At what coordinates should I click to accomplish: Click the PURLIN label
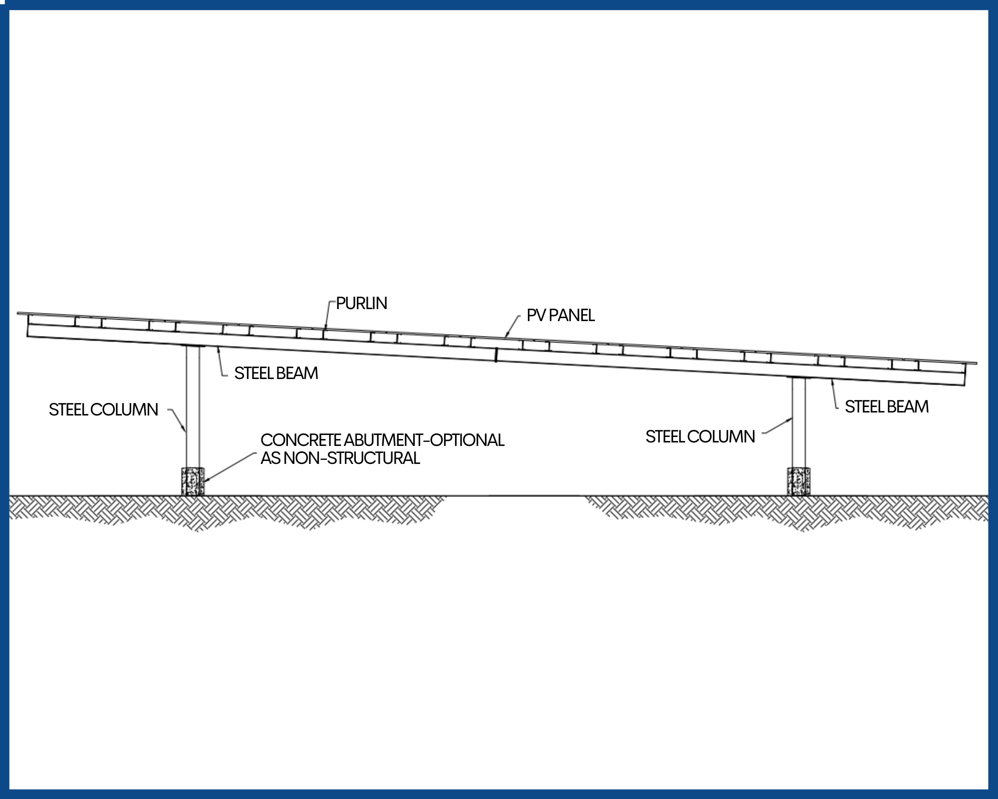tap(361, 303)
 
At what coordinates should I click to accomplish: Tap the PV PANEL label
tap(560, 316)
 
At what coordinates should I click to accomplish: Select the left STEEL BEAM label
tap(276, 373)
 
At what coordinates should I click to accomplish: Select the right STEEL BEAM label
tap(886, 406)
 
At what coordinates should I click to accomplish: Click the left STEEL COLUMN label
tap(103, 409)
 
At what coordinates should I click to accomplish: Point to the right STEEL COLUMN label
tap(700, 436)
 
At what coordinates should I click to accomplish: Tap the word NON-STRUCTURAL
tap(352, 458)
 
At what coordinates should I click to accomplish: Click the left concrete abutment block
tap(193, 481)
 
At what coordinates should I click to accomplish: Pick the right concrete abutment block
tap(798, 481)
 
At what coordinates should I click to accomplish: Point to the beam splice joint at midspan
tap(496, 355)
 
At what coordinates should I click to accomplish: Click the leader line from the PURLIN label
tap(327, 315)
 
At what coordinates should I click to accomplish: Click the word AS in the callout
tap(270, 458)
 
